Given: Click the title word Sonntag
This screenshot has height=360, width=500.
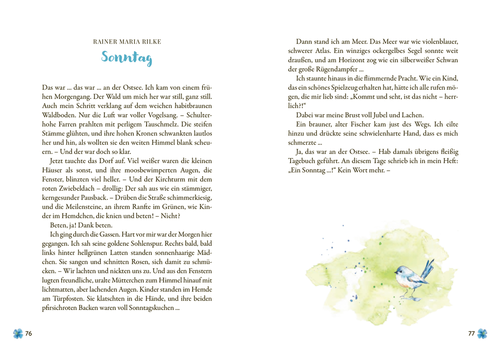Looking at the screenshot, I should pyautogui.click(x=127, y=57).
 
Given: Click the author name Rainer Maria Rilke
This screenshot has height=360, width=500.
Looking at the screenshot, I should pyautogui.click(x=127, y=42).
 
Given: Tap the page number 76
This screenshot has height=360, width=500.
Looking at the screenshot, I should pyautogui.click(x=28, y=334).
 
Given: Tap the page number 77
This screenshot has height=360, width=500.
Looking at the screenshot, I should pyautogui.click(x=471, y=334).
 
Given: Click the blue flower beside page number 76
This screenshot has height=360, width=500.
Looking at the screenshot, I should pyautogui.click(x=18, y=334).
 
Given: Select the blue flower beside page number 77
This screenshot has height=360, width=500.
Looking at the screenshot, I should pyautogui.click(x=482, y=334).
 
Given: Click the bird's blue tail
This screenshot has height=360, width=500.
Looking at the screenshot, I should pyautogui.click(x=428, y=268).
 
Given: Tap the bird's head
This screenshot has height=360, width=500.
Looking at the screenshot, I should pyautogui.click(x=401, y=270).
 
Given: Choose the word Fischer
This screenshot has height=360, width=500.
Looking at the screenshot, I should pyautogui.click(x=353, y=124).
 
